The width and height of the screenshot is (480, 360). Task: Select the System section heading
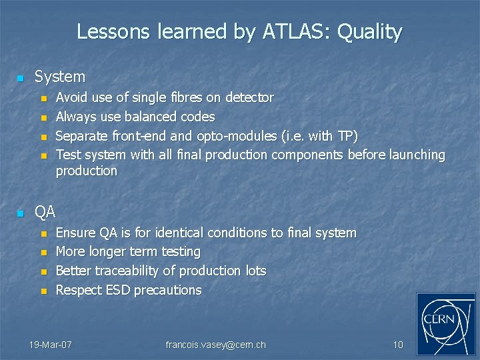click(x=60, y=77)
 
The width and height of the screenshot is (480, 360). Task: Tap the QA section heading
click(x=45, y=212)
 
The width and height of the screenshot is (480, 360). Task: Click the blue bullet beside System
click(x=20, y=79)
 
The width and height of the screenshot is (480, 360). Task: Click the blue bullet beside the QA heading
click(x=20, y=213)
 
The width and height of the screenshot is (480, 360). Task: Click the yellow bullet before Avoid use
click(x=44, y=99)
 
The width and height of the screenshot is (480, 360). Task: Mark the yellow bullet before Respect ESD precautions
click(x=44, y=291)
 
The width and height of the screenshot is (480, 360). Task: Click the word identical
click(x=177, y=233)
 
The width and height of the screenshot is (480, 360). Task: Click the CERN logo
click(x=446, y=324)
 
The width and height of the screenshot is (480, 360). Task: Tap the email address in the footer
click(x=215, y=345)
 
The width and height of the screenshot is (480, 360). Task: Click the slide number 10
click(x=398, y=345)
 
